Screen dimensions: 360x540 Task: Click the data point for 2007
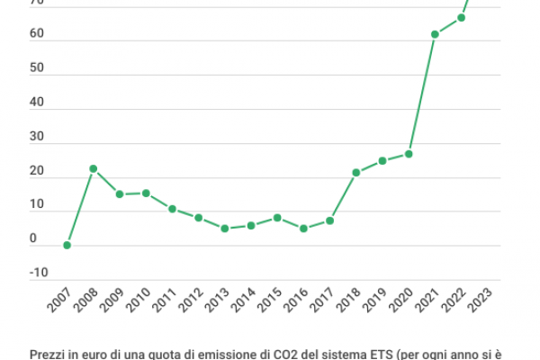67,245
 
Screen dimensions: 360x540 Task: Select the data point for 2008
93,168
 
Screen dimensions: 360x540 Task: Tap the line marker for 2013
225,229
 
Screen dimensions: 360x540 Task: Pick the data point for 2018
356,172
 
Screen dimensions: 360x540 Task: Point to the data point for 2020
409,154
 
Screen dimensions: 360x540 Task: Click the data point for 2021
435,34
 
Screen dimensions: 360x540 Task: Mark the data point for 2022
461,17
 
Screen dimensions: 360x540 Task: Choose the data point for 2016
303,229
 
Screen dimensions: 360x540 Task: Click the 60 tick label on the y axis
37,33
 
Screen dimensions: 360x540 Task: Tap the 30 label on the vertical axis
37,136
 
